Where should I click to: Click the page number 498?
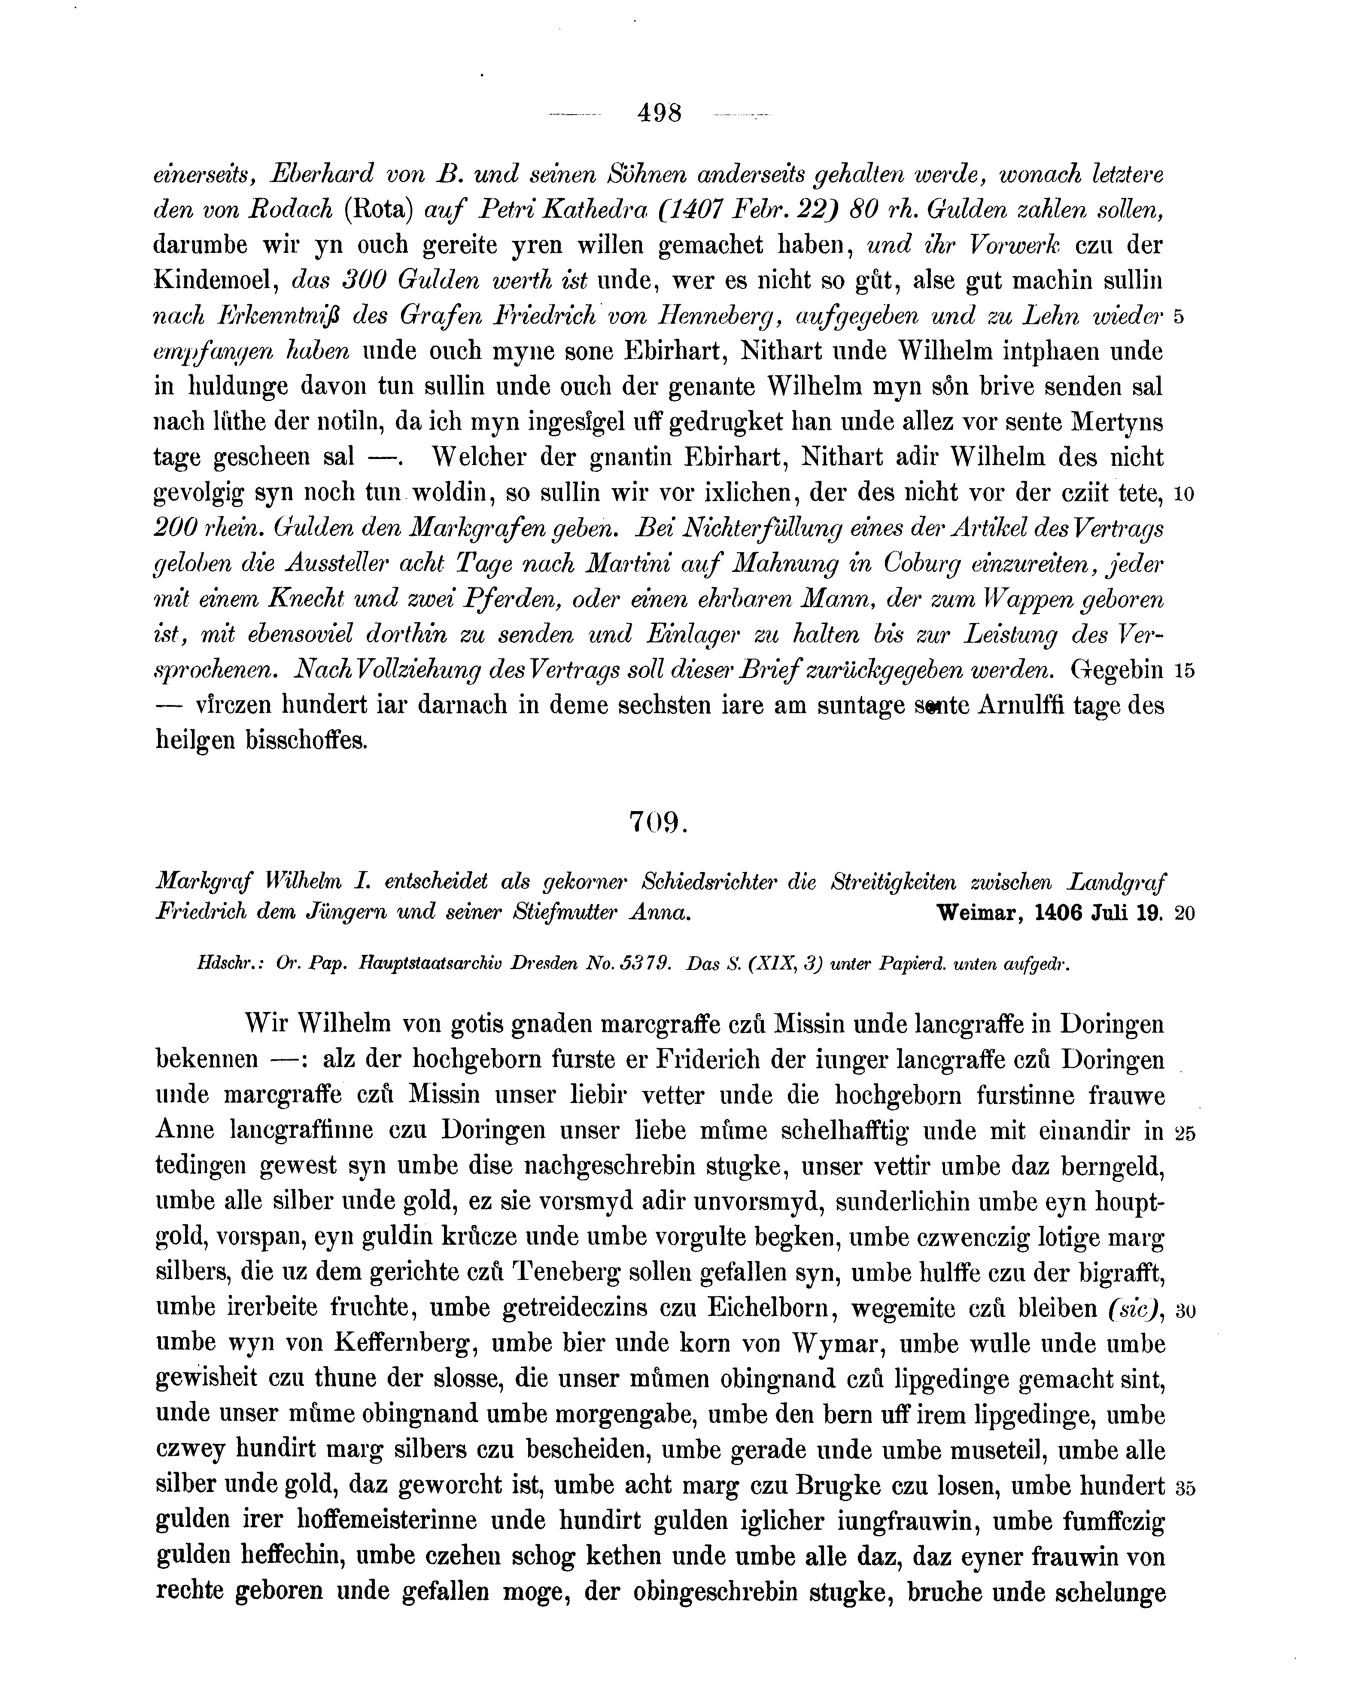coord(659,114)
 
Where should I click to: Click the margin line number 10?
coord(1184,494)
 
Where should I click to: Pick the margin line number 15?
coord(1184,671)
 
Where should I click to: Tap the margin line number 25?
coord(1184,1133)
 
